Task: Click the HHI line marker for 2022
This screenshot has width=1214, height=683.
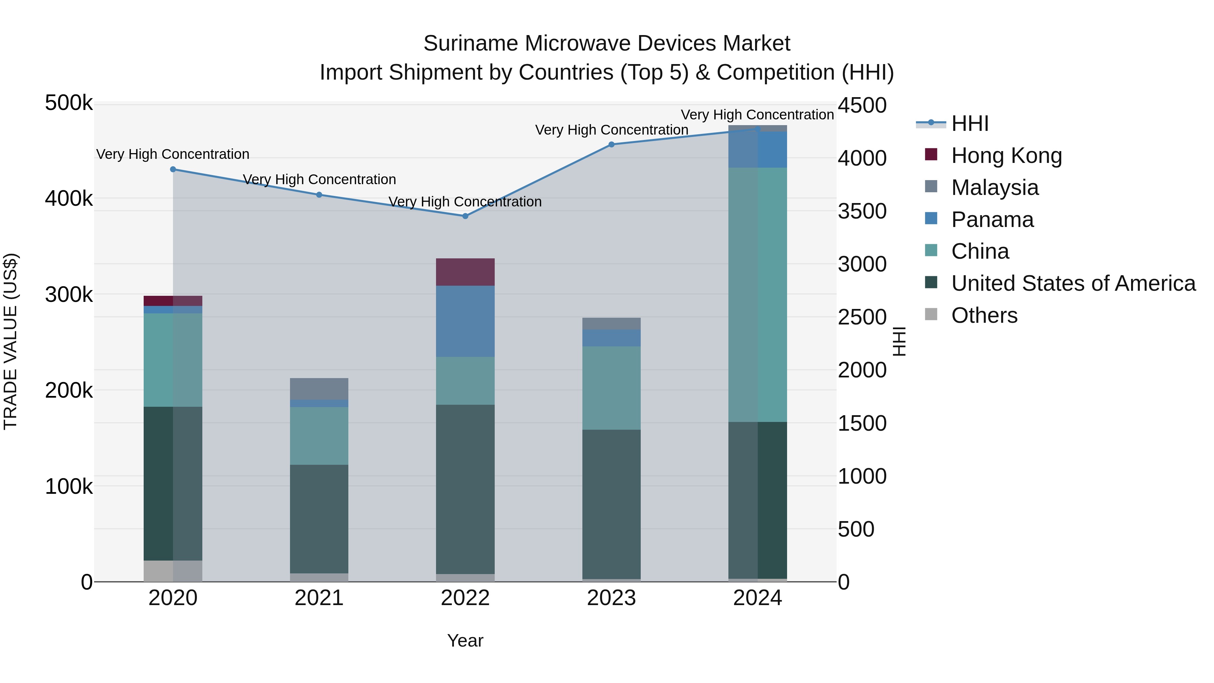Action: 465,216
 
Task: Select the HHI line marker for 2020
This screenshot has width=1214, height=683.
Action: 173,169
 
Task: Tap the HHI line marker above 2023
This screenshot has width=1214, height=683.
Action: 611,144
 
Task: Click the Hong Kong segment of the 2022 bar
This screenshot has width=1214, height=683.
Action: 465,272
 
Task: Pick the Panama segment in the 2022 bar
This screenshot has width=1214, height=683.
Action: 465,321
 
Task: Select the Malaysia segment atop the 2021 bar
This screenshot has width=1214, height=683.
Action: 319,389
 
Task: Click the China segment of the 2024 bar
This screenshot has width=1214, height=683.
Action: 757,294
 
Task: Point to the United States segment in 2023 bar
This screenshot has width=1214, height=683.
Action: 611,504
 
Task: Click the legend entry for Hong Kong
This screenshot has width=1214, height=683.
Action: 1006,155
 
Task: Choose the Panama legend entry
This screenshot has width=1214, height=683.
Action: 992,220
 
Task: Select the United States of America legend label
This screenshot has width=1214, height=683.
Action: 1073,283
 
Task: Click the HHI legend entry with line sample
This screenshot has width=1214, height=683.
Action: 970,123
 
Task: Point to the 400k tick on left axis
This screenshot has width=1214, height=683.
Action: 69,198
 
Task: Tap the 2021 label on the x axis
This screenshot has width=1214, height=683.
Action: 319,598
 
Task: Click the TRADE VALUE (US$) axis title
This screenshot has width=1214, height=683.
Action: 10,341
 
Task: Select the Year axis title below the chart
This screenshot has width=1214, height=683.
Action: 465,641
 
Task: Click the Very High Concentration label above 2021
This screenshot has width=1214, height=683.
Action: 319,179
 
